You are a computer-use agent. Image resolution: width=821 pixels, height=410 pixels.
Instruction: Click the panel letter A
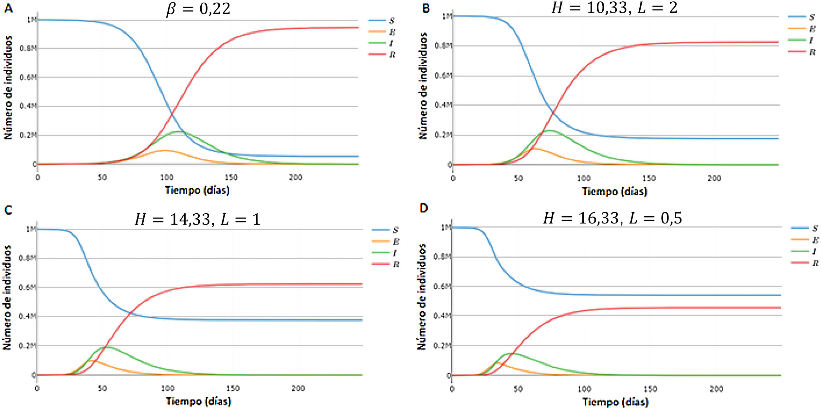(x=9, y=8)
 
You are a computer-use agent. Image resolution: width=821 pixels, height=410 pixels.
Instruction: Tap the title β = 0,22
(x=198, y=9)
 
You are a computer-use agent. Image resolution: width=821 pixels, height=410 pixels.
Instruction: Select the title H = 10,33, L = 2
(x=614, y=8)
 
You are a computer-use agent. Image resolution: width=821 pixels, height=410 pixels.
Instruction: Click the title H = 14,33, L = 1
(x=198, y=219)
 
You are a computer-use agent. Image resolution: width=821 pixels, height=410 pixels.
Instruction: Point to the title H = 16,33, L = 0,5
(x=612, y=218)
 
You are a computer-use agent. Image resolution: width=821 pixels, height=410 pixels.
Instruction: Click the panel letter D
(x=423, y=208)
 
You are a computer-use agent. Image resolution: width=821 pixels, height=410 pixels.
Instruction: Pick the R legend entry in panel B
(x=802, y=52)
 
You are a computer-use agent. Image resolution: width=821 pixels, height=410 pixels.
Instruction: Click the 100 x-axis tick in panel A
(x=166, y=177)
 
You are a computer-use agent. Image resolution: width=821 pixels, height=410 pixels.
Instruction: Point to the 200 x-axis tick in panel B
(x=714, y=178)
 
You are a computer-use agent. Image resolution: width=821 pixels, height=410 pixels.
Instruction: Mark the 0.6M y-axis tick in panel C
(x=27, y=287)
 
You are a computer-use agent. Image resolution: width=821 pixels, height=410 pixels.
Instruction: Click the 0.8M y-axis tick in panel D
(x=442, y=257)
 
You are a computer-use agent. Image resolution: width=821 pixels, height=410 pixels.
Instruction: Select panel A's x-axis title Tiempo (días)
(x=197, y=190)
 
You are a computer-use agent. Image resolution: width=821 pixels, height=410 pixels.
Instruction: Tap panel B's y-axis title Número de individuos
(x=423, y=86)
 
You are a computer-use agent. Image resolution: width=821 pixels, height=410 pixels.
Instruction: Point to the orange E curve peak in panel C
(x=93, y=360)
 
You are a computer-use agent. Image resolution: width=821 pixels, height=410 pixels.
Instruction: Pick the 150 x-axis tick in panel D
(x=650, y=389)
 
